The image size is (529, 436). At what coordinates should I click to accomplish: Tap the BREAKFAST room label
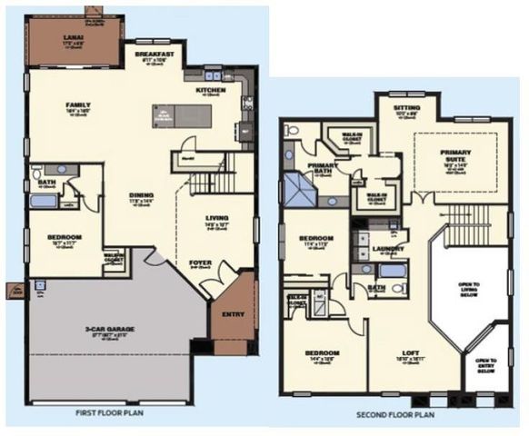155,54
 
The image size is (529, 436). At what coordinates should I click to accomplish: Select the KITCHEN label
211,90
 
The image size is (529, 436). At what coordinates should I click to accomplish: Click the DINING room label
140,194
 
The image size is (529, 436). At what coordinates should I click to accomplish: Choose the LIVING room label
216,218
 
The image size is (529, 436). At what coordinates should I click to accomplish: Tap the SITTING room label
406,107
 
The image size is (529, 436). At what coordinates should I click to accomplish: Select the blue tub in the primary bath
297,192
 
